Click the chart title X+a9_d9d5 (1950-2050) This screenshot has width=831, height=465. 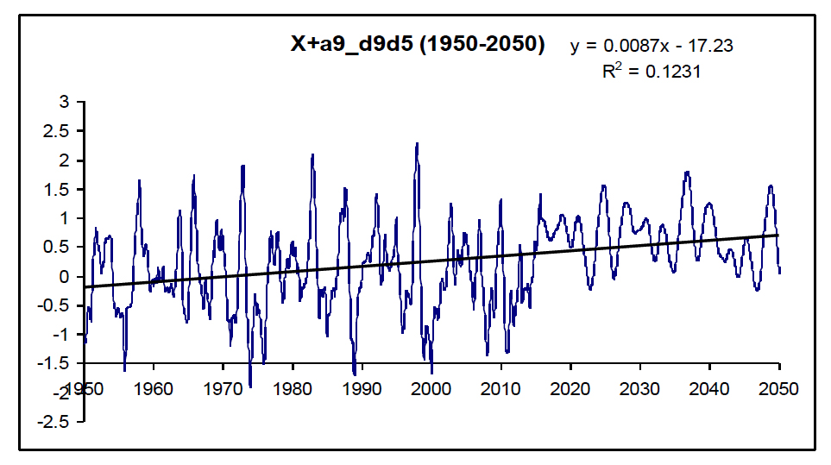[417, 46]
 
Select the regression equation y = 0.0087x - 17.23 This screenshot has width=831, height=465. [652, 46]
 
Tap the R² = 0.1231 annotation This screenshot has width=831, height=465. [652, 72]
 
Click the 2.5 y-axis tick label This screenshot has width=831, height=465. [57, 131]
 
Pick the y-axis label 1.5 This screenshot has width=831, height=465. [57, 189]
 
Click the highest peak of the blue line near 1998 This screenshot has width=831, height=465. [418, 143]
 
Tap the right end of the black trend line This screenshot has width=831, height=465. [779, 235]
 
